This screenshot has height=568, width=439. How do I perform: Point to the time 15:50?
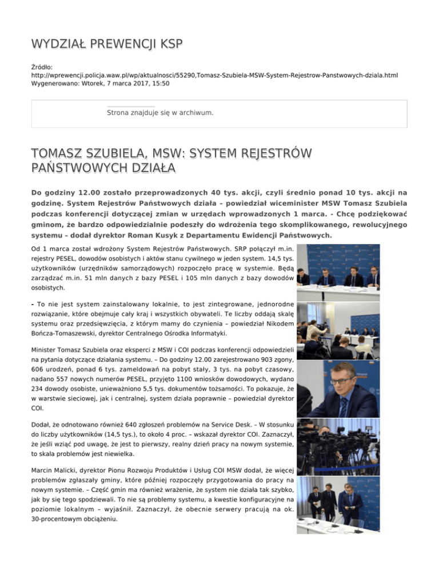tap(159, 83)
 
